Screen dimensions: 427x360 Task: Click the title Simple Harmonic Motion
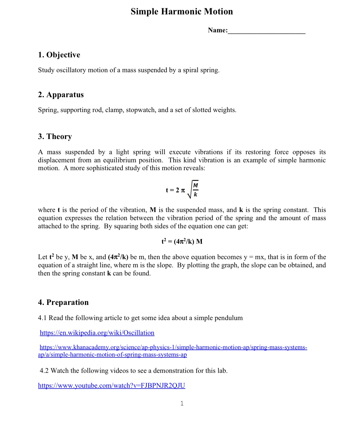coord(182,11)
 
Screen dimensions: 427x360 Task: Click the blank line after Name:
coord(266,31)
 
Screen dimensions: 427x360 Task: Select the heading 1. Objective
coord(59,55)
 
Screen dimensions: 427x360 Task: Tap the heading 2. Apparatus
coord(61,95)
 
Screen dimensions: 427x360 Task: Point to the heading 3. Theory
coord(55,136)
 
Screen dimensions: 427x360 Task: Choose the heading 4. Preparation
coord(63,302)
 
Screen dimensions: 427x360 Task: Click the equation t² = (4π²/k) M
coord(182,242)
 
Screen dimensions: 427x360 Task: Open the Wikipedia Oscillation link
coord(97,333)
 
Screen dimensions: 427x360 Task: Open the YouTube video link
coord(112,386)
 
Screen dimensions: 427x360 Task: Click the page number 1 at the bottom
coord(182,403)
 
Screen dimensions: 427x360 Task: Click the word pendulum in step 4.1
coord(229,318)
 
